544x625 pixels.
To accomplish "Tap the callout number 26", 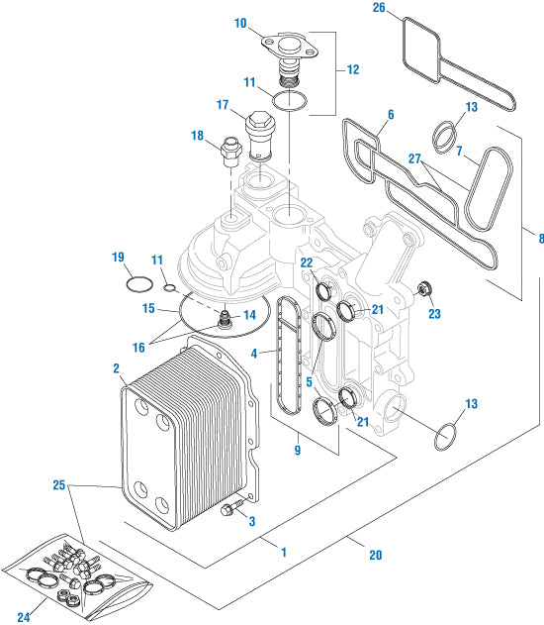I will pyautogui.click(x=379, y=9).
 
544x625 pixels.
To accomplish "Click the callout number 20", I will pyautogui.click(x=375, y=555).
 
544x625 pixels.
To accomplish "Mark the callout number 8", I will pyautogui.click(x=540, y=239).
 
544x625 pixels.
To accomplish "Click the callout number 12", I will pyautogui.click(x=352, y=70).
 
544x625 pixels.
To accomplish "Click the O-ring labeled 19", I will pyautogui.click(x=139, y=285).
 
